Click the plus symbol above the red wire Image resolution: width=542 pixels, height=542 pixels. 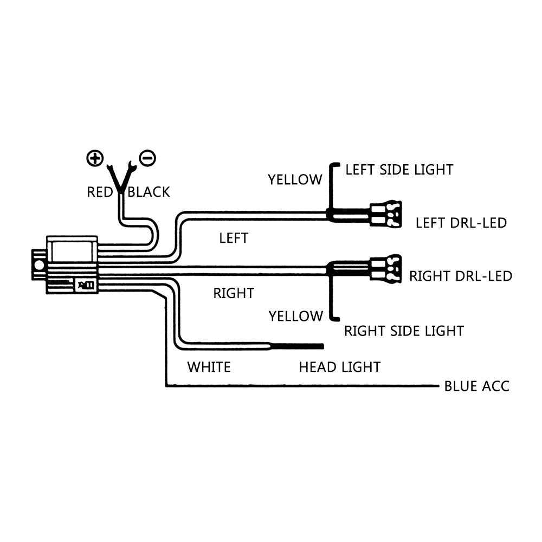click(95, 158)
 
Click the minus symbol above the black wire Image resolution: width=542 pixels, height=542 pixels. click(147, 158)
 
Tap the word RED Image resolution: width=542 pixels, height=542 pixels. click(100, 192)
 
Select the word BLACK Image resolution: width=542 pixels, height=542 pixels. click(149, 192)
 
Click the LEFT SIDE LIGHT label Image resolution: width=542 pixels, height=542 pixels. click(399, 170)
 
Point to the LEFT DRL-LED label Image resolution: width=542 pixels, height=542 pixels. click(461, 223)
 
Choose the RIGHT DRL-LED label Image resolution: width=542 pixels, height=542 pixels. click(461, 276)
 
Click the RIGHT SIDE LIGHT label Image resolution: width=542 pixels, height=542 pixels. click(404, 330)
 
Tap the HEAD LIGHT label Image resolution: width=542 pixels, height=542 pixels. click(339, 367)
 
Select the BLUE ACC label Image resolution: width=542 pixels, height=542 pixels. click(477, 386)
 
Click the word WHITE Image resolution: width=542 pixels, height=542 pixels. click(209, 367)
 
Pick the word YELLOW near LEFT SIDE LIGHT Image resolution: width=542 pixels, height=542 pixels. click(295, 179)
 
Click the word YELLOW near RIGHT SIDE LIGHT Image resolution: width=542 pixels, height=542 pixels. click(295, 315)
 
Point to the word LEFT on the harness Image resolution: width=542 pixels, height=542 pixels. click(234, 238)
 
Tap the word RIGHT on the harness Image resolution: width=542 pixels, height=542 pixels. click(234, 293)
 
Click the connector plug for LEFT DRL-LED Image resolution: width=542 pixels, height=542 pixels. click(385, 215)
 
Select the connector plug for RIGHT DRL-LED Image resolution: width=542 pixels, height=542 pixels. click(385, 268)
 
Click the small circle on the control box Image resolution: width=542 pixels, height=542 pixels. click(39, 265)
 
